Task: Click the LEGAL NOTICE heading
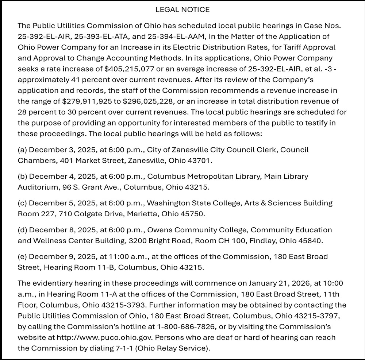click(x=182, y=9)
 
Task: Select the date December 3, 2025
click(x=62, y=150)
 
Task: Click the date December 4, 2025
click(x=62, y=177)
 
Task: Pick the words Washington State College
click(x=190, y=203)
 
